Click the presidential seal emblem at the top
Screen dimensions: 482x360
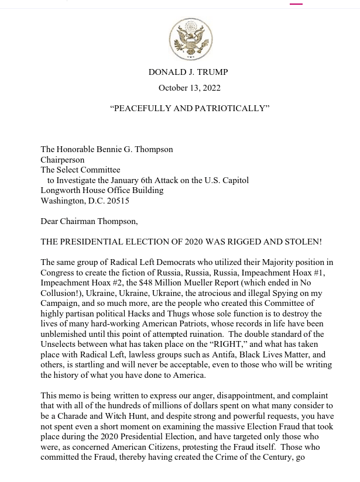[x=190, y=40]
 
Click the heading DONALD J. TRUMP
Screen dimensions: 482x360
[x=188, y=72]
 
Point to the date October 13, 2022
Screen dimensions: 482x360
[x=189, y=88]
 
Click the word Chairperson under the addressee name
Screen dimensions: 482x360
[x=62, y=160]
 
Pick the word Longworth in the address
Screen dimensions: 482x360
[x=59, y=190]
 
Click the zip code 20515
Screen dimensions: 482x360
[x=116, y=201]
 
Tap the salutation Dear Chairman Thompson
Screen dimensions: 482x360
[x=89, y=221]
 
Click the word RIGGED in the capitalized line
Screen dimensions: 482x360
[x=226, y=242]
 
